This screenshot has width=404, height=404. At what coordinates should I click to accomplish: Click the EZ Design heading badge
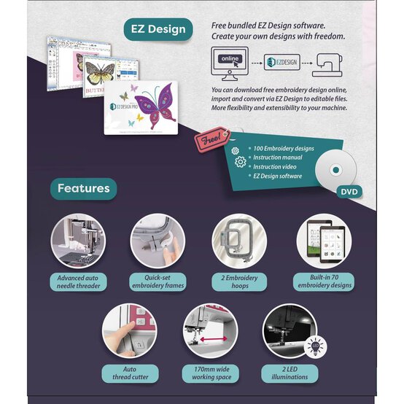tap(158, 30)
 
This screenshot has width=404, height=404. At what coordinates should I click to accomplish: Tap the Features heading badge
tap(84, 188)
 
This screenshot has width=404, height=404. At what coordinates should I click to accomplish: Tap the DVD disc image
tap(335, 169)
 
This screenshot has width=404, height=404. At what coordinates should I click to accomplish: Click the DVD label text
tap(349, 193)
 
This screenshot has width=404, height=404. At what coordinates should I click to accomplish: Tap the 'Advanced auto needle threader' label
tap(79, 282)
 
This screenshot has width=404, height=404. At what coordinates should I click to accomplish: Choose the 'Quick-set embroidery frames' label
tap(158, 282)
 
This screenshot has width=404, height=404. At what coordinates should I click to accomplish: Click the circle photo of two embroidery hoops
tap(239, 241)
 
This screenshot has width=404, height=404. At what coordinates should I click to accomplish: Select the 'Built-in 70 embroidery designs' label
tap(324, 282)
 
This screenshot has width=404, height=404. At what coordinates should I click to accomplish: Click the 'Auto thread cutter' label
tap(130, 373)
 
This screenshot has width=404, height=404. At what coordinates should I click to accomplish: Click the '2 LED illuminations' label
tap(290, 373)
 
